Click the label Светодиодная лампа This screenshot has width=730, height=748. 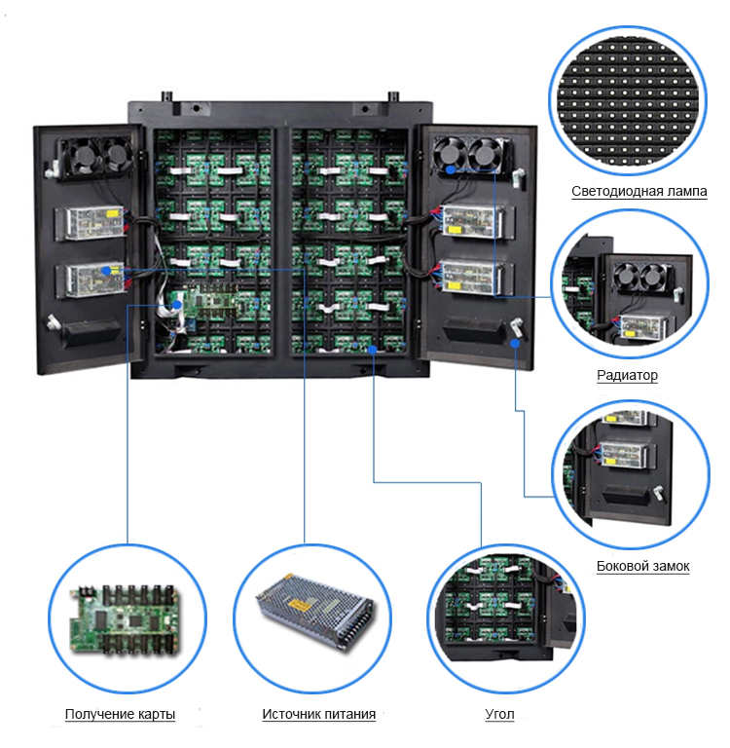pos(639,191)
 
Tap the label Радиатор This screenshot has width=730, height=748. pos(628,375)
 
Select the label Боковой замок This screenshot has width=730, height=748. pos(642,566)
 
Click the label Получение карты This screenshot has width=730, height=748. pos(120,715)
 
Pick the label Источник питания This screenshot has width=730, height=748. pos(318,715)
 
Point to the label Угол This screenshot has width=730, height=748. pos(499,715)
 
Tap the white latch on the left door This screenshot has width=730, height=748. pos(51,323)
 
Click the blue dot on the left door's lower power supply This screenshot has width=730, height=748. pos(105,270)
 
